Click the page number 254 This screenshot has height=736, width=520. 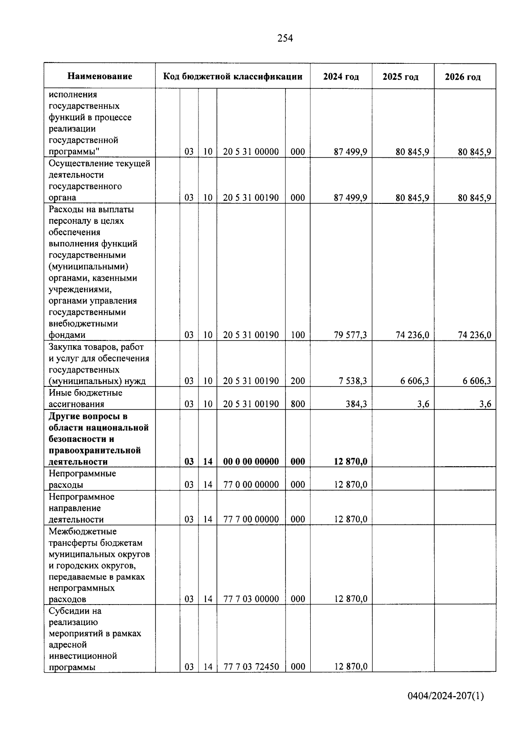(x=285, y=39)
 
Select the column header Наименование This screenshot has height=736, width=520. (x=100, y=76)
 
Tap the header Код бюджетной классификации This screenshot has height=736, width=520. (x=233, y=77)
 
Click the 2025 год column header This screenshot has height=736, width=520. (x=400, y=77)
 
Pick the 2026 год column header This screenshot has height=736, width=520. (x=462, y=77)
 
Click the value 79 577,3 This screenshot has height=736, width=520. (x=351, y=335)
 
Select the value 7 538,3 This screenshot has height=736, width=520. (x=353, y=381)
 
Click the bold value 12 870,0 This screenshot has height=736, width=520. (x=351, y=461)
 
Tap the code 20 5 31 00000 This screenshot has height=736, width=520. (x=251, y=152)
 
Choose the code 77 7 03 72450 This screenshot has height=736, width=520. (x=251, y=667)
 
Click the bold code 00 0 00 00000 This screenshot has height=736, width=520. (x=251, y=461)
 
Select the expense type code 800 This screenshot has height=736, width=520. (x=298, y=404)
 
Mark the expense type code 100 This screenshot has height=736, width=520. (x=298, y=335)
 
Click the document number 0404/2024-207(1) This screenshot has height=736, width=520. (x=445, y=696)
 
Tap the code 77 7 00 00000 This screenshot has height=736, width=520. (x=251, y=519)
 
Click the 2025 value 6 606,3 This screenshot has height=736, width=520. (x=415, y=381)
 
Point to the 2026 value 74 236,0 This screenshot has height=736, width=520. (x=474, y=335)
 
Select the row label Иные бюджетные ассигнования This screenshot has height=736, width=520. (x=85, y=398)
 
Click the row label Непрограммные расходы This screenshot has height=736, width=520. (x=82, y=479)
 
